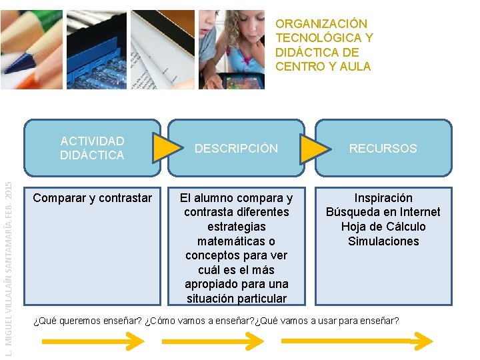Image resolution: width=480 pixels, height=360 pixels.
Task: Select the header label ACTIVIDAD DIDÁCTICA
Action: click(92, 148)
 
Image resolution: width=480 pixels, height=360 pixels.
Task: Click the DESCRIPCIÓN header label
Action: click(236, 149)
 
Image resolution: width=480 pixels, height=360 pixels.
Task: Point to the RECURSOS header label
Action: click(383, 149)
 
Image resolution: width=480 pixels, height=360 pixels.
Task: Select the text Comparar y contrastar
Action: click(92, 198)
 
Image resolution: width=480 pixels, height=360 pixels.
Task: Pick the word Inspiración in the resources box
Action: click(383, 198)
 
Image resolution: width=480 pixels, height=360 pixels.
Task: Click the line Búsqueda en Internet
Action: click(383, 212)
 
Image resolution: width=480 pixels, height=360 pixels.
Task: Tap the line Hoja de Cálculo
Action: click(383, 227)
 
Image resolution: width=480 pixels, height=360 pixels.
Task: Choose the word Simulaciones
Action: click(383, 241)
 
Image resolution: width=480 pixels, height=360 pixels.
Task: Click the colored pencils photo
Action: click(31, 49)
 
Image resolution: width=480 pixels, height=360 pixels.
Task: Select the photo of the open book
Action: click(163, 49)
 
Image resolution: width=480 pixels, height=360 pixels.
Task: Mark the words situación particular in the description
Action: click(236, 299)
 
